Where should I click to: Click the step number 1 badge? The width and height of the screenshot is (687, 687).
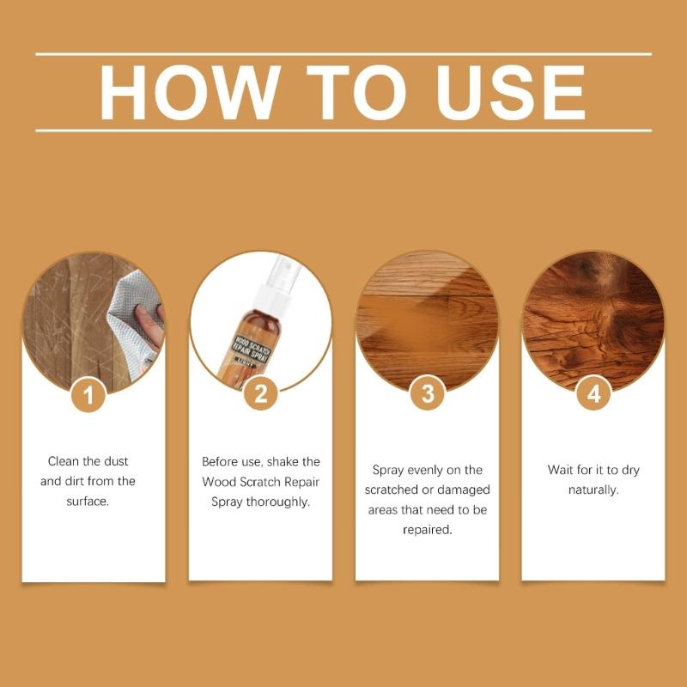pos(93,395)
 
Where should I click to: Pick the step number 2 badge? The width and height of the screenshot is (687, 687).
pos(260,395)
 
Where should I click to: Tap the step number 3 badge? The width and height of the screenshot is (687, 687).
pos(427,395)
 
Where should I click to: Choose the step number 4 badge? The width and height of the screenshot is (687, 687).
pos(593,395)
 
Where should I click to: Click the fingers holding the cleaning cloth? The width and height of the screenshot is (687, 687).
pos(151,325)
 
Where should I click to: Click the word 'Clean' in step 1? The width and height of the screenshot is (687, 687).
pos(65,461)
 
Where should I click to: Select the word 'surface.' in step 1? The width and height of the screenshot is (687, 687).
pos(88,501)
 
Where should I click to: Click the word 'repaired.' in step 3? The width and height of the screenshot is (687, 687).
pos(428,530)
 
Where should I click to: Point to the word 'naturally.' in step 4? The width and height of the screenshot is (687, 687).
pos(593,490)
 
